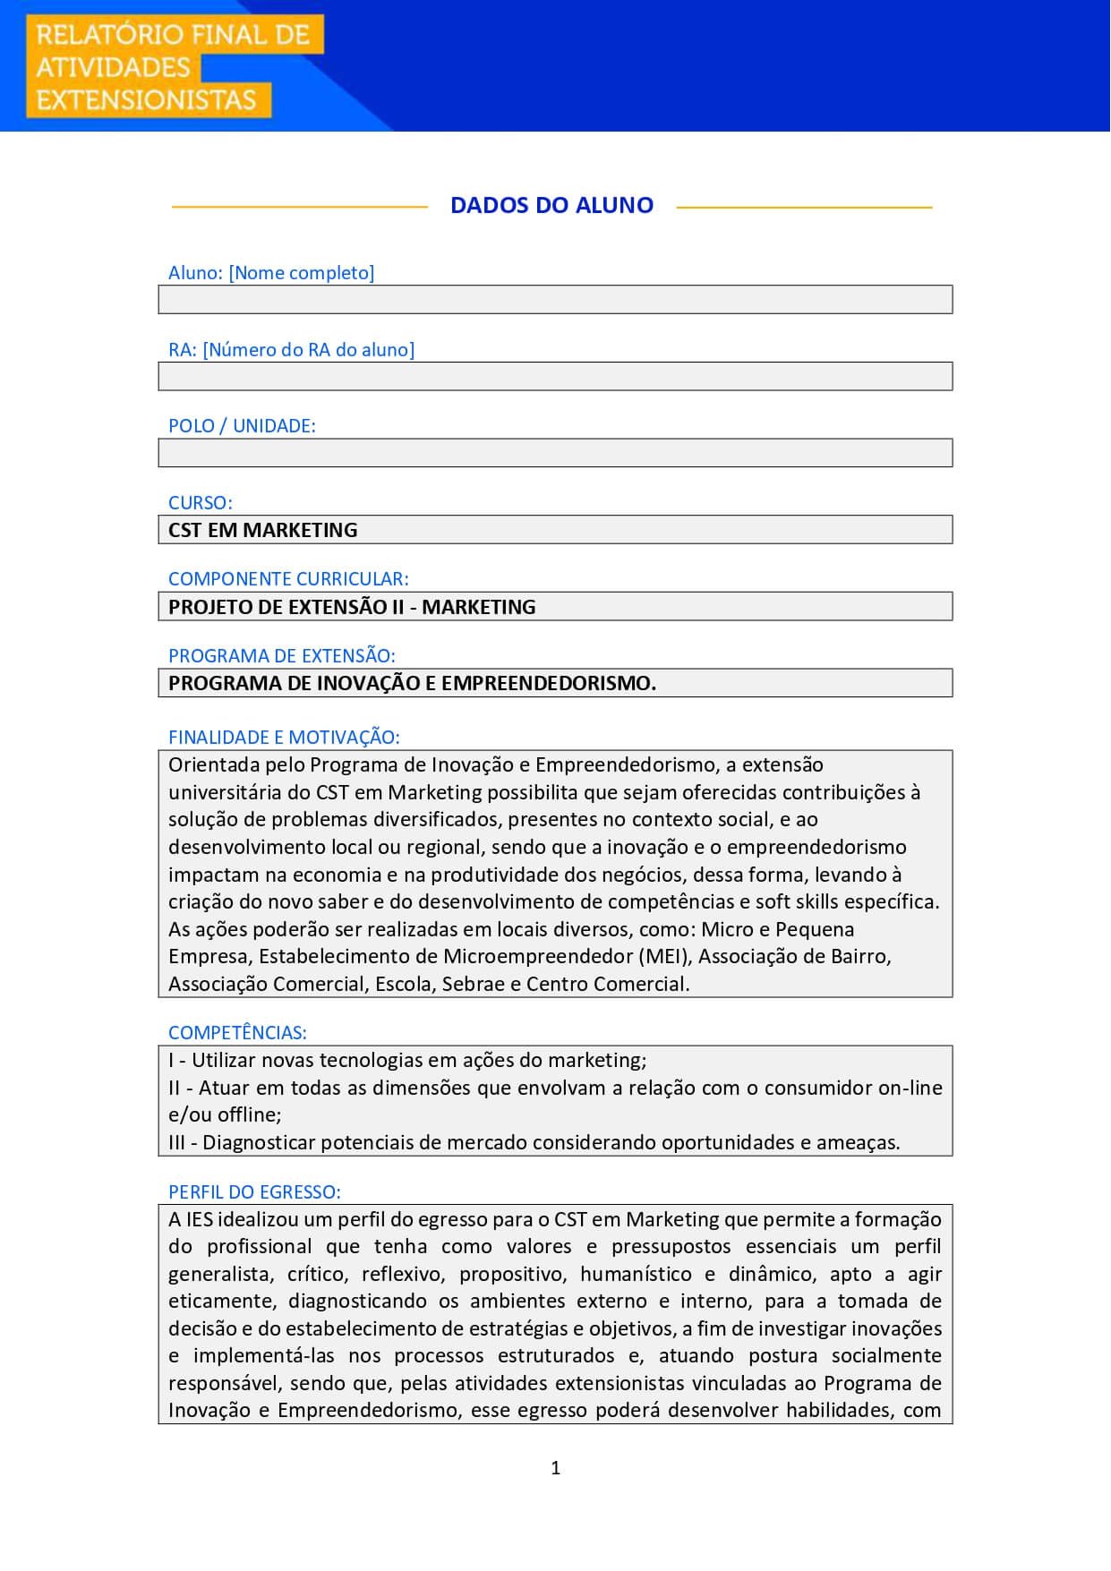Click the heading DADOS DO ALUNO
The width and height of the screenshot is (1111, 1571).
coord(551,205)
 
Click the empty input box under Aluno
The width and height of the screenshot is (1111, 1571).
coord(555,300)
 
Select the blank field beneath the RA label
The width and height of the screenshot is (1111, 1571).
coord(555,377)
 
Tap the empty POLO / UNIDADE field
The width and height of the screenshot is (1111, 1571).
coord(555,453)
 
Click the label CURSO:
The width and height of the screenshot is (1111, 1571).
coord(200,503)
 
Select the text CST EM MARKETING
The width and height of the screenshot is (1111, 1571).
coord(262,530)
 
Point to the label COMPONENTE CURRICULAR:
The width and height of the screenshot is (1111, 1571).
coord(288,579)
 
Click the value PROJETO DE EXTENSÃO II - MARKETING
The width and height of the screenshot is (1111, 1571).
coord(352,607)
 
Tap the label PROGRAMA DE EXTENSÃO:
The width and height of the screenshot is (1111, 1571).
coord(281,656)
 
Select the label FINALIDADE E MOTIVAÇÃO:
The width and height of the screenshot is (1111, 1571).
coord(284,738)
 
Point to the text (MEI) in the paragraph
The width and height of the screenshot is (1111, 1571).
coord(665,957)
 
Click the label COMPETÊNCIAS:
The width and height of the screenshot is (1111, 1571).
coord(237,1033)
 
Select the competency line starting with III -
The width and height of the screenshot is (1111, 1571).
coord(534,1143)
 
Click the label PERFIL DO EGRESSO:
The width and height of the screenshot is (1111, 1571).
coord(254,1192)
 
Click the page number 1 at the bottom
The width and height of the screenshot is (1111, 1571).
coord(555,1468)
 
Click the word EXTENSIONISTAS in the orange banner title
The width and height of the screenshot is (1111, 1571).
coord(146,99)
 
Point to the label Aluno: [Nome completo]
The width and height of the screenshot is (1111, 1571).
coord(271,273)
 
